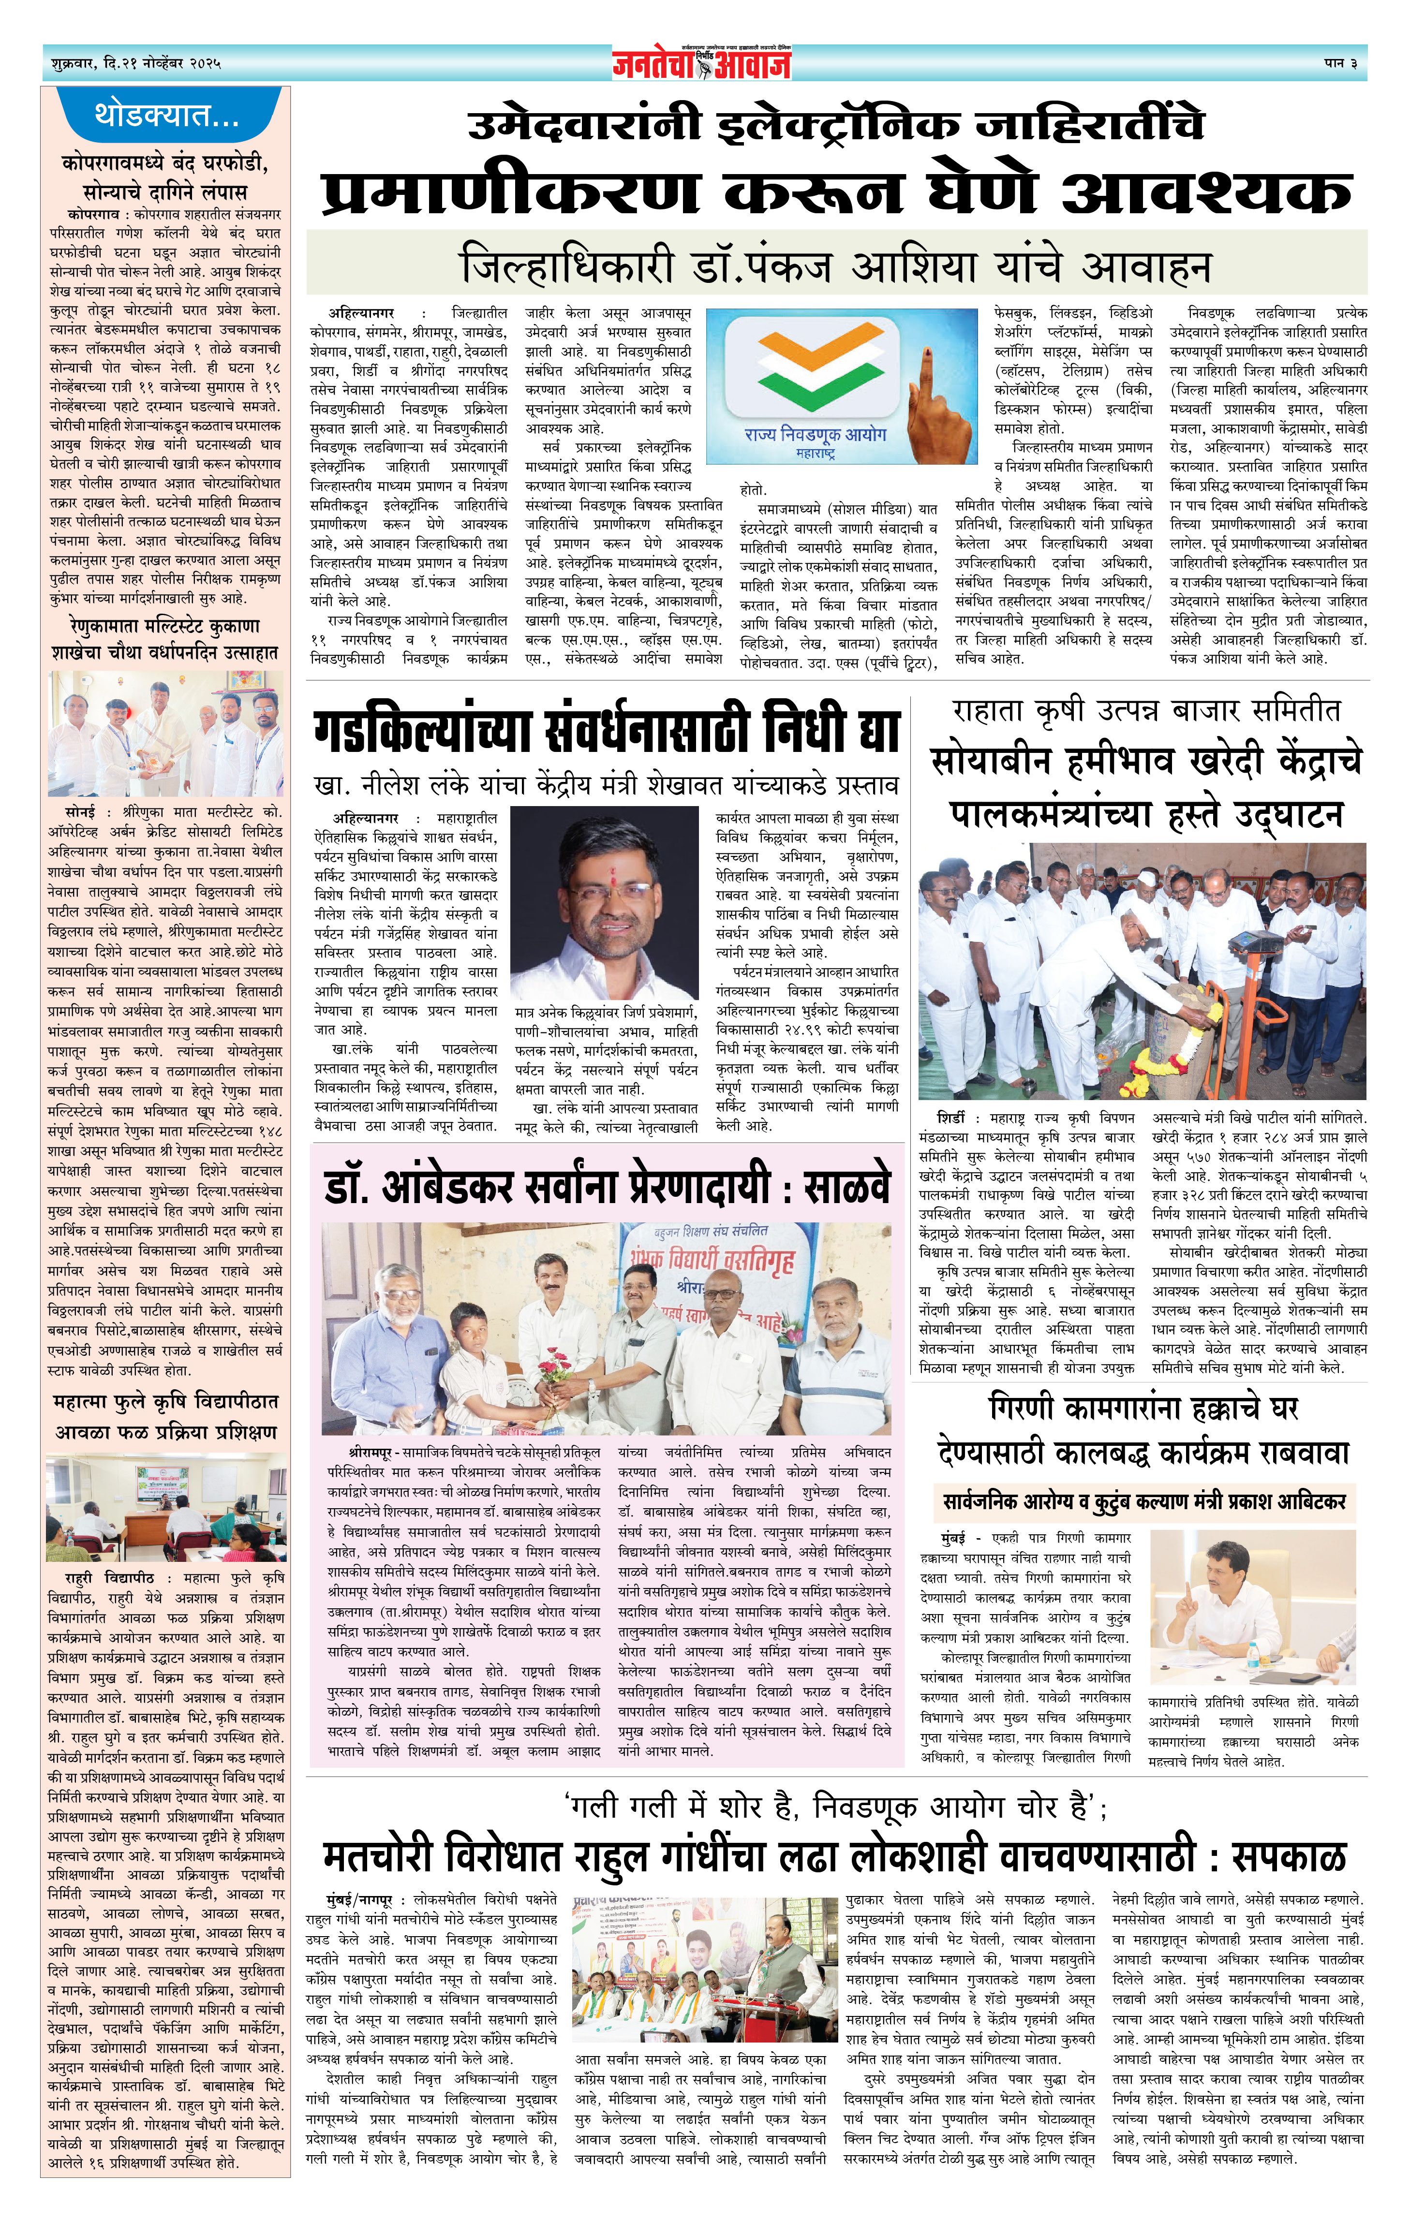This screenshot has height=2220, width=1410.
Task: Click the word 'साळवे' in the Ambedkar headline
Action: click(846, 1189)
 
